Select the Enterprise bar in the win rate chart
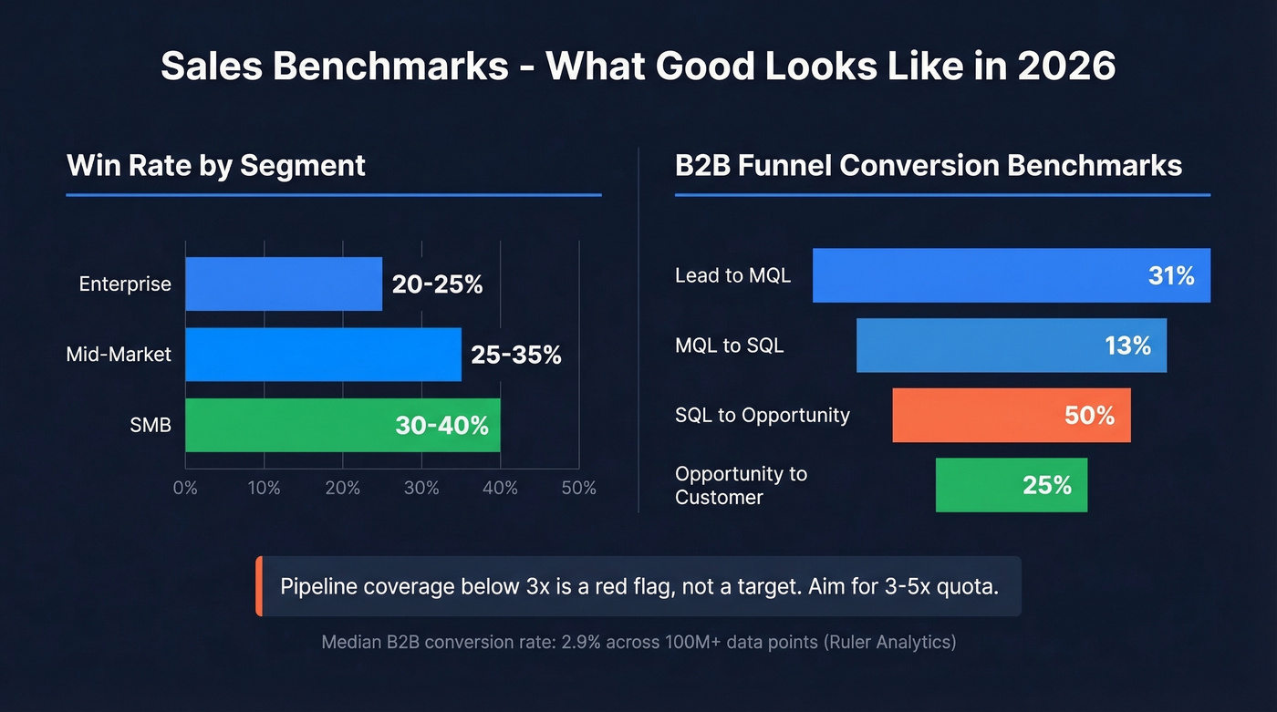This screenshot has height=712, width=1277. click(x=284, y=284)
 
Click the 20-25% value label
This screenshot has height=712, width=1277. click(x=437, y=284)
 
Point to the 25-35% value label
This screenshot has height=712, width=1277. click(x=516, y=355)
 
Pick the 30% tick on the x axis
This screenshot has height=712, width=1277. click(x=421, y=488)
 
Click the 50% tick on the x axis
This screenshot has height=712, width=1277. click(x=578, y=488)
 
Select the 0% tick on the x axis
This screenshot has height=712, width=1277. click(x=185, y=488)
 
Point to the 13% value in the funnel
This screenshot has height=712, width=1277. click(x=1127, y=346)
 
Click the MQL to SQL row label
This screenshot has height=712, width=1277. click(x=729, y=346)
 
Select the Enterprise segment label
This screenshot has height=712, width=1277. click(x=125, y=284)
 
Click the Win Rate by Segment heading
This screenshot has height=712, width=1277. click(x=216, y=166)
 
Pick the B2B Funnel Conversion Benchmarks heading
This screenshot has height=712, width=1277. click(x=929, y=166)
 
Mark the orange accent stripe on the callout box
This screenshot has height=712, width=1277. click(x=259, y=586)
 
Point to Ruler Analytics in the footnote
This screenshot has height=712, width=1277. click(x=889, y=642)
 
